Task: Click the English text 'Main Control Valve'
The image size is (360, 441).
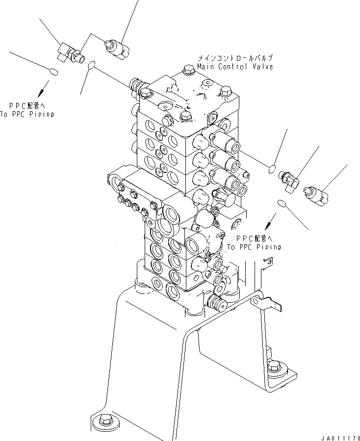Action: point(235,67)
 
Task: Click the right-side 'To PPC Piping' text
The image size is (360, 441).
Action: point(254,246)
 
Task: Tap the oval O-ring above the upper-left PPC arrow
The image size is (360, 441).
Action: point(54,73)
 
